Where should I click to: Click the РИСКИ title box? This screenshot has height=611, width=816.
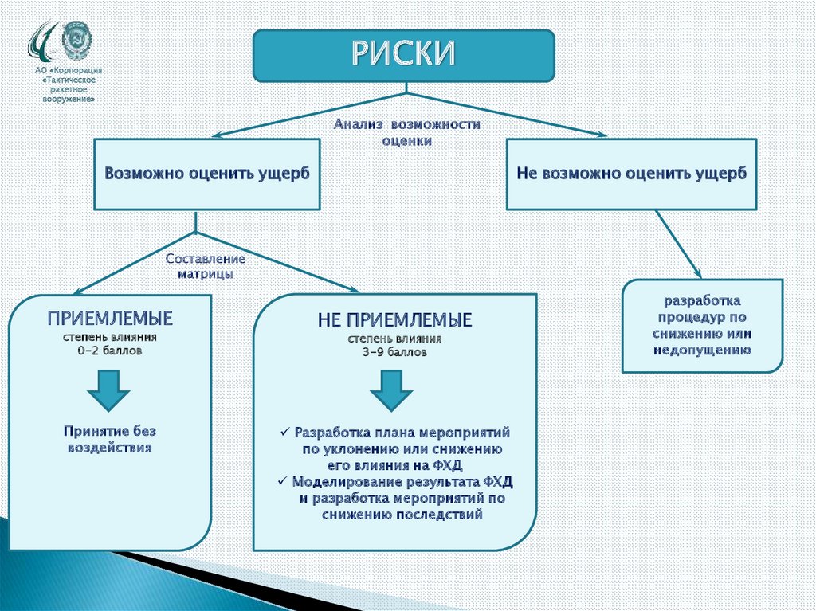click(403, 55)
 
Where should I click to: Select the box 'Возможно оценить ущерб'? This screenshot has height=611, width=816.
click(206, 173)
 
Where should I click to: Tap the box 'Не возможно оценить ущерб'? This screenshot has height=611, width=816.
click(632, 173)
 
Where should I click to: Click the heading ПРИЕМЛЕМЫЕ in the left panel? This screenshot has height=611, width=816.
click(111, 319)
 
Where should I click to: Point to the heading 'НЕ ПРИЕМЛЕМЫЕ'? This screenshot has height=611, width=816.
click(394, 320)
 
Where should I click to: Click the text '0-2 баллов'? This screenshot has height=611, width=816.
click(111, 351)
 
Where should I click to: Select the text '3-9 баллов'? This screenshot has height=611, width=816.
click(394, 351)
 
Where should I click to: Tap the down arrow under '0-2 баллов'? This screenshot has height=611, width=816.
click(108, 388)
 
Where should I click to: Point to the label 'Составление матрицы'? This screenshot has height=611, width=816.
click(205, 266)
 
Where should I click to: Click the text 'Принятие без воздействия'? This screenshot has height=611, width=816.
click(110, 438)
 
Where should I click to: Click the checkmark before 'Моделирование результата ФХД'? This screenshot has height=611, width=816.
click(282, 482)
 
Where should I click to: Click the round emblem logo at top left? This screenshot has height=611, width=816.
click(77, 37)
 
